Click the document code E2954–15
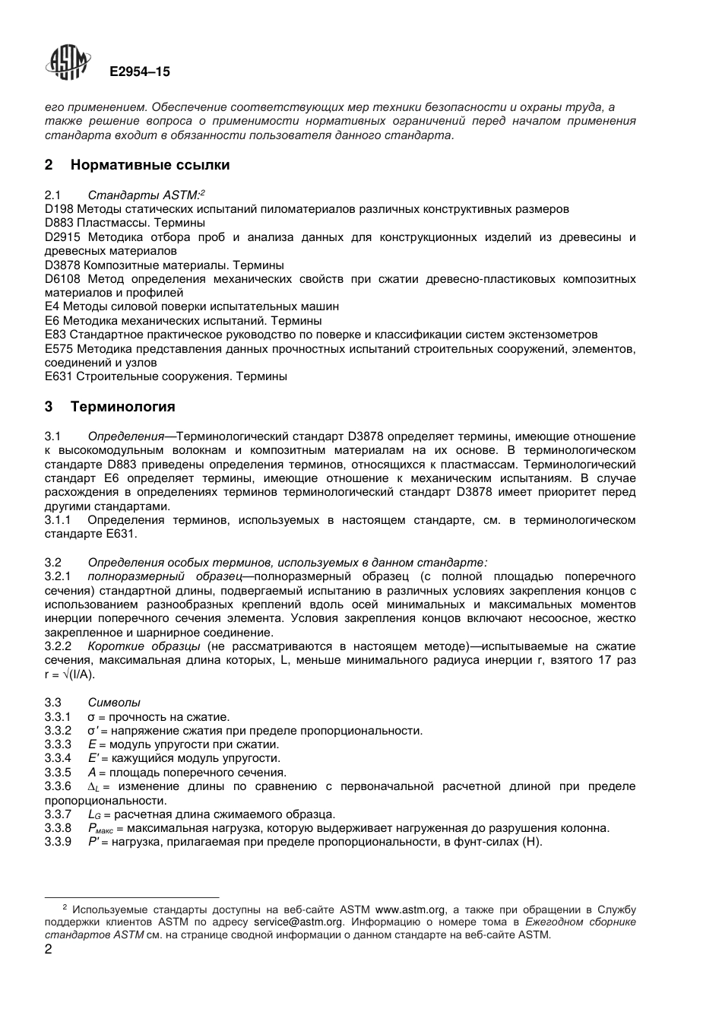pos(140,72)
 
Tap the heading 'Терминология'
pos(122,407)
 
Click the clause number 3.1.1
pos(58,520)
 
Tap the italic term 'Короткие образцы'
pos(144,646)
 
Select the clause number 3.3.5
pos(58,773)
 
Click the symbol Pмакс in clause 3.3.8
pos(100,829)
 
